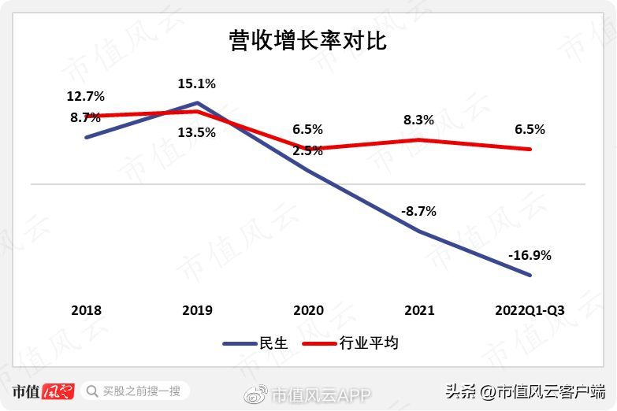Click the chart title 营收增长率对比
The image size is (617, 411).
pos(307,41)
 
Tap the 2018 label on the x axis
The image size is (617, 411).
pos(86,310)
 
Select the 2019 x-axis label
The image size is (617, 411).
pos(197,310)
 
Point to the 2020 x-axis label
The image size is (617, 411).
pos(307,310)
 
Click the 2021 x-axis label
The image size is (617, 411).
pos(418,310)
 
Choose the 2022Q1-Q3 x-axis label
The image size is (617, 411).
pos(530,310)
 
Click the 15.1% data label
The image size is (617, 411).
pos(197,83)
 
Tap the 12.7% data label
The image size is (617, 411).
pos(86,97)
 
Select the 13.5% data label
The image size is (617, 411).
pos(197,132)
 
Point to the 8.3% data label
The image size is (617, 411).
pos(418,120)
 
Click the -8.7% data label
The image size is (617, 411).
pos(418,211)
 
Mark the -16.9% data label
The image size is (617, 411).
pos(530,255)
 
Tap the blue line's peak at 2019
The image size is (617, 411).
pos(197,102)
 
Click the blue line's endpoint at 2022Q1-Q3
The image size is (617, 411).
pos(530,275)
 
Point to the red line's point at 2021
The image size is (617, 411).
pos(418,139)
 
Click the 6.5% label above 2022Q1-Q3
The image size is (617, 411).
pos(530,129)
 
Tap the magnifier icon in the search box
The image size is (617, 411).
pos(91,391)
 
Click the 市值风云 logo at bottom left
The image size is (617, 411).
pos(44,391)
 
